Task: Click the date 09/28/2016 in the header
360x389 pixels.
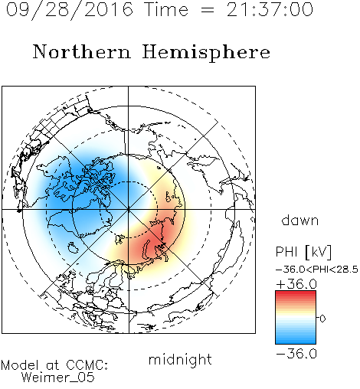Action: [x=70, y=10]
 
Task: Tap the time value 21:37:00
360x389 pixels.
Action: [x=270, y=10]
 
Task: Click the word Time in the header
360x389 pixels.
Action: [x=166, y=10]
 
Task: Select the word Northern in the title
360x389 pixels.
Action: [x=82, y=51]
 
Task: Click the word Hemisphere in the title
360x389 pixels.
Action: [x=206, y=53]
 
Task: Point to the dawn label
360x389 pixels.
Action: [x=300, y=220]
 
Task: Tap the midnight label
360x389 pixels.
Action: [x=180, y=359]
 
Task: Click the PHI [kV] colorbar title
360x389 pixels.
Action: [x=303, y=252]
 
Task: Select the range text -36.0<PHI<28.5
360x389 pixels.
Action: [x=317, y=270]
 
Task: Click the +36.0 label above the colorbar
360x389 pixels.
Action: [x=296, y=284]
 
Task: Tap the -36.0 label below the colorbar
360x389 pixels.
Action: [x=296, y=354]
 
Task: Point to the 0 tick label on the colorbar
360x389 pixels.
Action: [x=322, y=319]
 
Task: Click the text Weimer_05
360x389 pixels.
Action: [x=58, y=378]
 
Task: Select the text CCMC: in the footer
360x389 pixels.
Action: [x=87, y=365]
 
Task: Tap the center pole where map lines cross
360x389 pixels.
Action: [x=129, y=209]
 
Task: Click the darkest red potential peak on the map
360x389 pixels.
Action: [x=153, y=245]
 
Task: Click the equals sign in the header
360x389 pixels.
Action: [x=208, y=10]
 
